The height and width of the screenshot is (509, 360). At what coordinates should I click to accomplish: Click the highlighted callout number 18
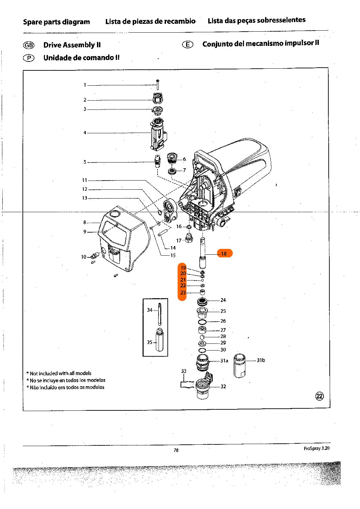224,253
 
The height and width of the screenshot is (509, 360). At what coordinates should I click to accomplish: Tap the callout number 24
223,300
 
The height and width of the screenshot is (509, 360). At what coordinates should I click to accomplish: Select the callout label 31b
261,360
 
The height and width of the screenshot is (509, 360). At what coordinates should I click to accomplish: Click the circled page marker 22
320,396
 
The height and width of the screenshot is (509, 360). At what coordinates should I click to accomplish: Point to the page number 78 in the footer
176,450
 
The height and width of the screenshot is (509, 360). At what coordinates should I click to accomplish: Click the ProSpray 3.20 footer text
316,448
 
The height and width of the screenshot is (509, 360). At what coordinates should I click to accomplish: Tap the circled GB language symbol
29,45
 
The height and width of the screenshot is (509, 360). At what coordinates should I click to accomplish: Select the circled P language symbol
29,58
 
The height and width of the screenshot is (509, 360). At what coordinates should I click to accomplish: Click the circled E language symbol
187,45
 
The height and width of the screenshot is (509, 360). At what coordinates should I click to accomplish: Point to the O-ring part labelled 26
202,322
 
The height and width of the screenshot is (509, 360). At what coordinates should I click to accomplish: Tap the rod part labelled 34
160,313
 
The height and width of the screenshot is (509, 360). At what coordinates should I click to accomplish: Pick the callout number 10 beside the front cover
84,257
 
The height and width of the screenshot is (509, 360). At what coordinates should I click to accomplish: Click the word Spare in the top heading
32,22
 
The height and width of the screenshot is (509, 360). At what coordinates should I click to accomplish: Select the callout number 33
184,371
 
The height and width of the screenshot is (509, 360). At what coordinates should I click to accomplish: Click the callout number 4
85,133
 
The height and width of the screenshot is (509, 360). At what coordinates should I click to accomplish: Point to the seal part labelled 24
202,301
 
